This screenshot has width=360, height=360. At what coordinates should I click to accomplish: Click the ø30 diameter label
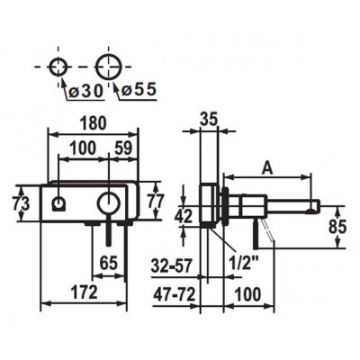tap(85, 90)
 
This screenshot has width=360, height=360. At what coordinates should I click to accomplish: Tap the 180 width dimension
tap(94, 123)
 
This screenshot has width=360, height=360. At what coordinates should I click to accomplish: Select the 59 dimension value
tap(123, 148)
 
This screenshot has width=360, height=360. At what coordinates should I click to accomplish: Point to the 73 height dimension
tap(21, 204)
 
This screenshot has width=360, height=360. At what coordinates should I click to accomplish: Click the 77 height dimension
tap(156, 201)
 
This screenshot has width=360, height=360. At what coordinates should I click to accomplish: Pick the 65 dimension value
tap(109, 264)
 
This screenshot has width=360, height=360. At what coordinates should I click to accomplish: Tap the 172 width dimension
tap(85, 292)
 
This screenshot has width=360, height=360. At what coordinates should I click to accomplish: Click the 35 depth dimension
tap(209, 120)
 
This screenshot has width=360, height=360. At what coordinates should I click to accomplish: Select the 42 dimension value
tap(184, 216)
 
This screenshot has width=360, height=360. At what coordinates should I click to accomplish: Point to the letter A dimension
tap(267, 169)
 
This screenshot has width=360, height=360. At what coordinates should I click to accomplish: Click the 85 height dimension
tap(337, 227)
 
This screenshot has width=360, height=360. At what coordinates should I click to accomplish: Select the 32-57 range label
tap(171, 266)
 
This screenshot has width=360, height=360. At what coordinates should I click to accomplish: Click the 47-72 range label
tap(175, 294)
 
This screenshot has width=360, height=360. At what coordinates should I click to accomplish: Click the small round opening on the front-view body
tap(58, 198)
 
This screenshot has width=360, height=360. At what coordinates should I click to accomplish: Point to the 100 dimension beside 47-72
tap(247, 294)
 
